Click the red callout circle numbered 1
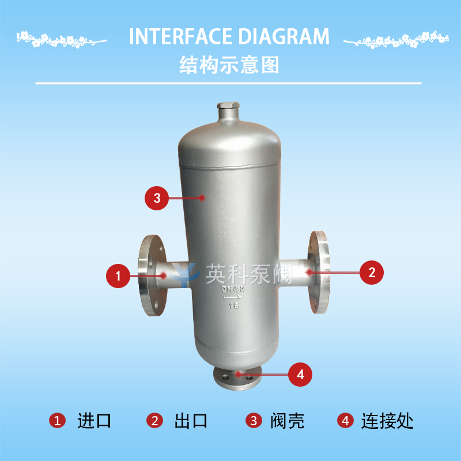[x=118, y=276]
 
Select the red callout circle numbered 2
[x=372, y=273]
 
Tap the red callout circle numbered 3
[x=157, y=198]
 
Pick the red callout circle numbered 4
[x=300, y=375]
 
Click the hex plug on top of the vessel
[x=228, y=106]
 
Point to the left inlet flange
[x=152, y=275]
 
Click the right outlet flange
[x=319, y=272]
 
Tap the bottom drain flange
[x=237, y=379]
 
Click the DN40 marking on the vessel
[x=233, y=289]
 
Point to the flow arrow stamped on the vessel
[x=233, y=298]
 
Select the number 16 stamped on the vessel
[x=234, y=306]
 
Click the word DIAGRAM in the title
[x=284, y=36]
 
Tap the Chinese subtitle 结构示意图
[x=229, y=65]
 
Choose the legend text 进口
[x=94, y=421]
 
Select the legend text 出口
[x=191, y=421]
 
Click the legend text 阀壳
[x=287, y=421]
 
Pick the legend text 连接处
[x=387, y=421]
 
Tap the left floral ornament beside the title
[x=61, y=40]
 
